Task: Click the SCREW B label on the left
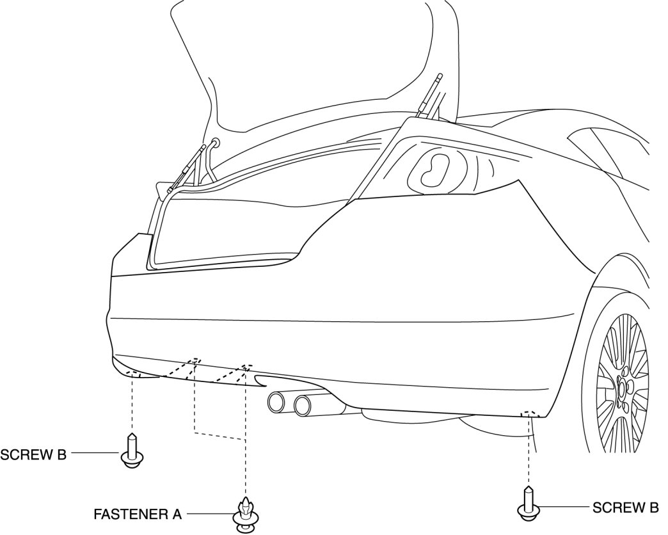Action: (x=33, y=455)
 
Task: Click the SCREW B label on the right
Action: (x=625, y=508)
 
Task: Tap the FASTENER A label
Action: (x=138, y=513)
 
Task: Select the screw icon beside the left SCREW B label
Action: (x=131, y=452)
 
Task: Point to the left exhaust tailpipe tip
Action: (x=277, y=403)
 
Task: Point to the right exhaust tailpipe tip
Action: (x=303, y=404)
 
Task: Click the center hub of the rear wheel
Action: (x=622, y=388)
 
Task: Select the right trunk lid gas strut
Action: (x=430, y=96)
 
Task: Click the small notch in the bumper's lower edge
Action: (x=261, y=382)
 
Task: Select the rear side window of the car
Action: (x=598, y=150)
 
